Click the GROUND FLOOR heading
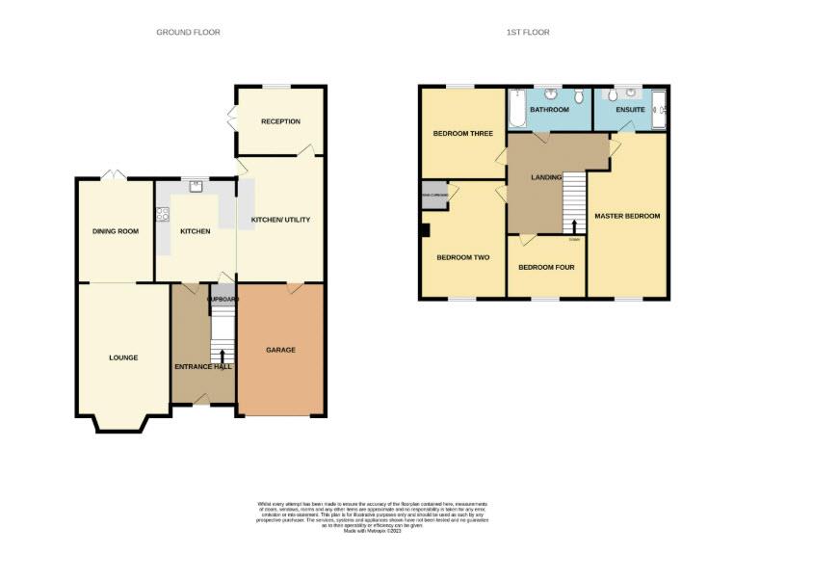188,33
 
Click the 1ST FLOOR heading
528,33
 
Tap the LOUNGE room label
123,357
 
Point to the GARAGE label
280,350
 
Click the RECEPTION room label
280,121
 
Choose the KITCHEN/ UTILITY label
280,221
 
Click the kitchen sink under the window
196,185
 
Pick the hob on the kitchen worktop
161,216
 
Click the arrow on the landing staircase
574,226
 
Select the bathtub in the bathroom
517,109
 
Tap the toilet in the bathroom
577,97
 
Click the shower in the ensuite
660,110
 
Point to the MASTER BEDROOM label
627,216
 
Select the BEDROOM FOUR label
546,267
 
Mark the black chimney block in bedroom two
425,230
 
